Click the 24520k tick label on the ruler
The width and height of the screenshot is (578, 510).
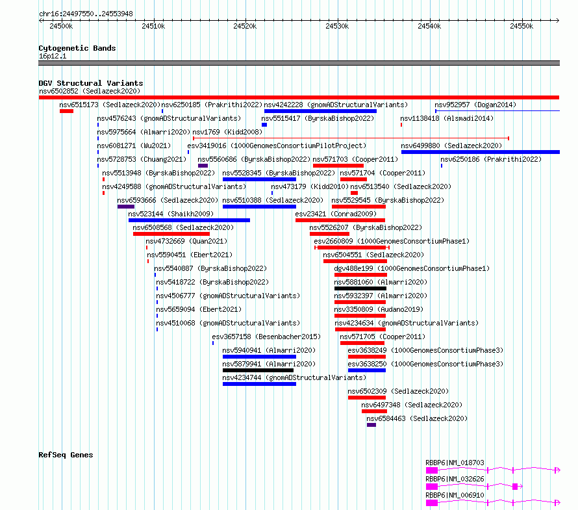[x=245, y=26]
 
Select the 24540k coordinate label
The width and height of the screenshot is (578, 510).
[x=429, y=26]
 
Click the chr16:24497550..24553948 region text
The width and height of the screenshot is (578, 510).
[x=86, y=14]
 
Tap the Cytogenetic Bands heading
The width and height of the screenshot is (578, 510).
[x=77, y=48]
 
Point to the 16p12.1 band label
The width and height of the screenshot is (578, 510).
[x=53, y=56]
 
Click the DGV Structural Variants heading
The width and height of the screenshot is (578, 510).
[x=91, y=83]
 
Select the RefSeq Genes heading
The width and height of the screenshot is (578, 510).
[x=66, y=455]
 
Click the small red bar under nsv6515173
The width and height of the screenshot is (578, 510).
[x=66, y=111]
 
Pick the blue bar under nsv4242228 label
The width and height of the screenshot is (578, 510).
[x=320, y=111]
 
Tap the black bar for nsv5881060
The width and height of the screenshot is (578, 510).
[x=360, y=288]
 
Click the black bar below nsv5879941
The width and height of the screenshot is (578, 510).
[x=258, y=370]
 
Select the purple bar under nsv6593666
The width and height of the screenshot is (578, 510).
[x=126, y=207]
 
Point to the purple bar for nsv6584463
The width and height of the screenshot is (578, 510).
[x=371, y=425]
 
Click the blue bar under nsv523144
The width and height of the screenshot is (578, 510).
[x=189, y=220]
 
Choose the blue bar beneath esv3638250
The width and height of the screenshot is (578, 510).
[x=367, y=370]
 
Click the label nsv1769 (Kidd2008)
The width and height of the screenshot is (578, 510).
[x=227, y=132]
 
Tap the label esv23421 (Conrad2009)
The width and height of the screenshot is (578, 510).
[x=336, y=214]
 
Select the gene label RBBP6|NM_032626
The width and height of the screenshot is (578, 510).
[x=455, y=479]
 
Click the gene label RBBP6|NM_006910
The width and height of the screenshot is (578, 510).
[x=455, y=495]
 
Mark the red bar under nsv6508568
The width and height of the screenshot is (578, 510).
[x=171, y=234]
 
